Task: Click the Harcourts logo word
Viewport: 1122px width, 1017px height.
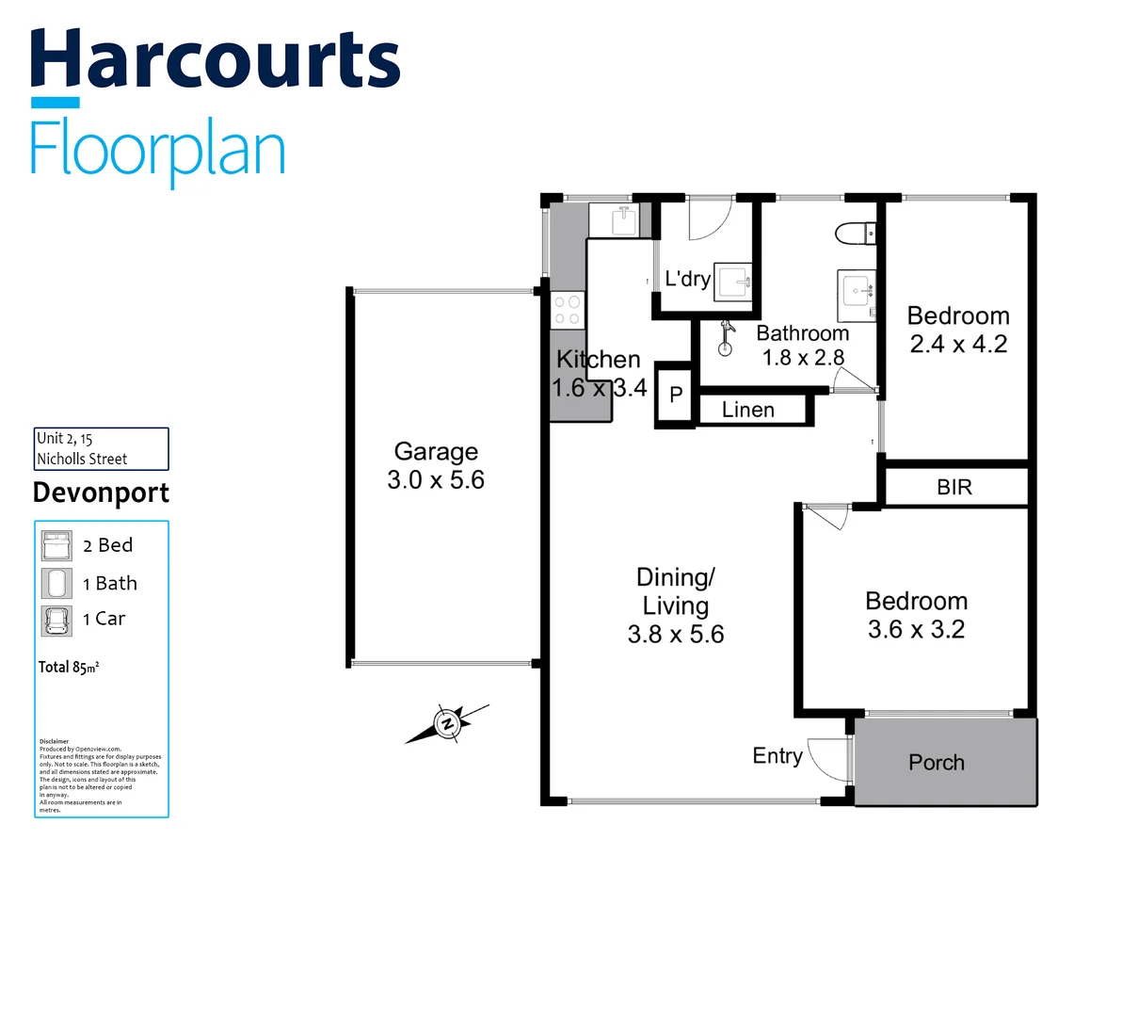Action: click(x=216, y=59)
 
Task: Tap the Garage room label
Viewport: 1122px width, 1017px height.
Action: click(x=436, y=452)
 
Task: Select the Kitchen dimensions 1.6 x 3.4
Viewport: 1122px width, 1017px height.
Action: click(x=599, y=388)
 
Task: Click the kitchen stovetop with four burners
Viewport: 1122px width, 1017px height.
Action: click(x=568, y=310)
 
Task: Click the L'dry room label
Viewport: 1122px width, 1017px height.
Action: click(x=687, y=279)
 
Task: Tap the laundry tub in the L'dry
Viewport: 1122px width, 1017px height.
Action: click(x=733, y=281)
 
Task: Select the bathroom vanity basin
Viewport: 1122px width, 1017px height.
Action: click(x=857, y=290)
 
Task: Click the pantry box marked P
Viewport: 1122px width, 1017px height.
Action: click(x=676, y=395)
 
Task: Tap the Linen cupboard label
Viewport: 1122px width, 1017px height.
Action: click(x=748, y=410)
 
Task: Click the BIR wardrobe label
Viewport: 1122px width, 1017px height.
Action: click(x=954, y=487)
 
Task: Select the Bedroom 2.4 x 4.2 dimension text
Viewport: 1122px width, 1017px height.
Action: click(x=958, y=345)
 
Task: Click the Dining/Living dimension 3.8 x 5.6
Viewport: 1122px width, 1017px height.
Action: click(x=676, y=635)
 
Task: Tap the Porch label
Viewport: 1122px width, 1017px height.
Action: click(x=937, y=763)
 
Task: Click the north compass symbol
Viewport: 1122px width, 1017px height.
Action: click(x=447, y=723)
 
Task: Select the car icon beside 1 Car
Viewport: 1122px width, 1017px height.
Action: click(x=56, y=620)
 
